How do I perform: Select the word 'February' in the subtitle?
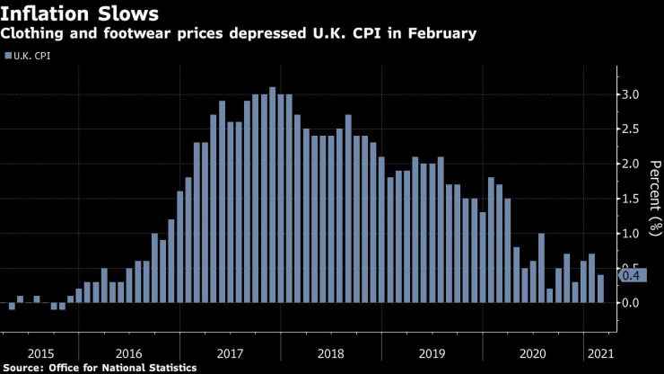pyautogui.click(x=444, y=33)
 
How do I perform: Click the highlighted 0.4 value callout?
pyautogui.click(x=630, y=275)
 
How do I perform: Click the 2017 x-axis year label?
pyautogui.click(x=231, y=352)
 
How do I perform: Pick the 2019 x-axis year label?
pyautogui.click(x=433, y=352)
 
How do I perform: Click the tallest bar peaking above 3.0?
pyautogui.click(x=272, y=195)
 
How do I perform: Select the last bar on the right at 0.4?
pyautogui.click(x=600, y=289)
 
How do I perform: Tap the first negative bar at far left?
pyautogui.click(x=12, y=306)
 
